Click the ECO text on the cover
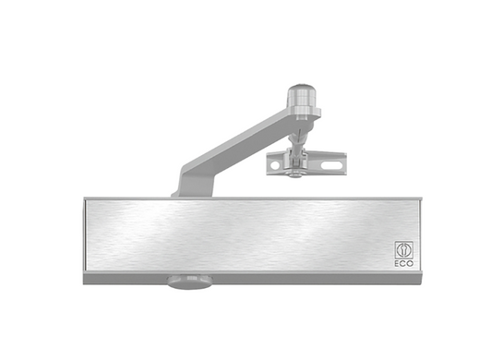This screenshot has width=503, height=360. pos(404,264)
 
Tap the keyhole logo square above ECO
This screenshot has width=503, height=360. pos(404,250)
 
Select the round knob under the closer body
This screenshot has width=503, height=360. pos(189,282)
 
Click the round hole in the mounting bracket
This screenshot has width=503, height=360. pos(275,165)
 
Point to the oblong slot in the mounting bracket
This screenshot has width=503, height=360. pos(330,165)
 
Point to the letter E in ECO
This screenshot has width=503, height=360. pos(397,264)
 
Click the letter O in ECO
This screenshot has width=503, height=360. pos(411,264)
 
